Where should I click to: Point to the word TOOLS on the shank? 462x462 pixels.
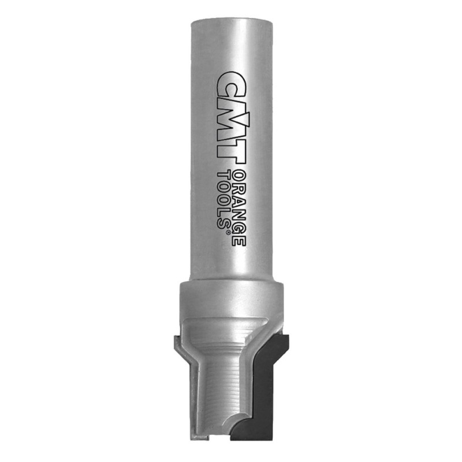coord(223,200)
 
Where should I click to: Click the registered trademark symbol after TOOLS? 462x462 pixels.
coord(228,233)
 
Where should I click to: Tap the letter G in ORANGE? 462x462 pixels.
coord(239,226)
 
